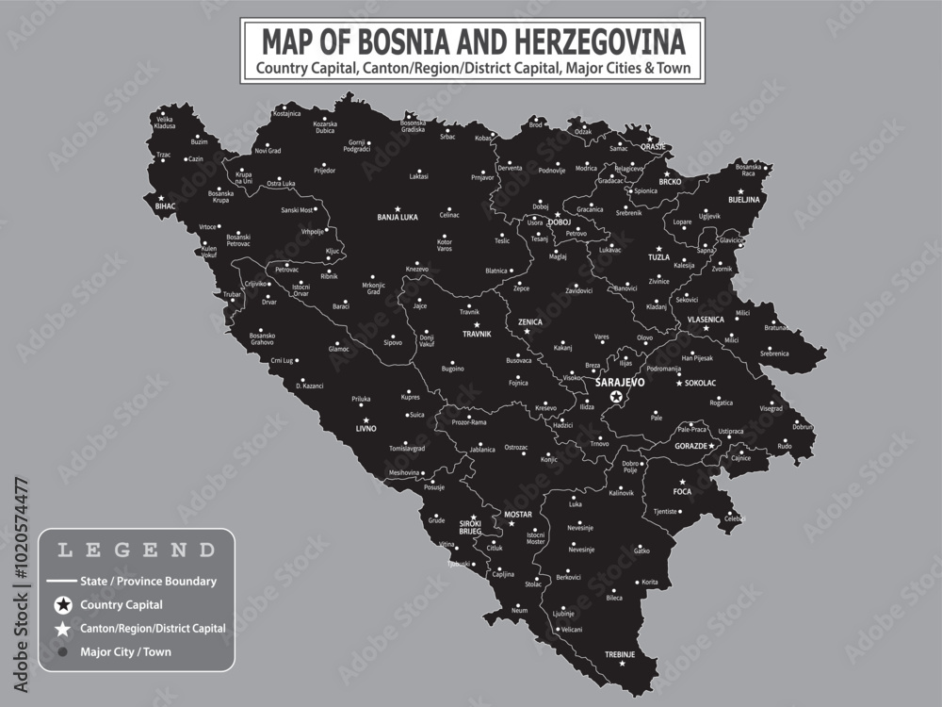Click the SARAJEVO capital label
pyautogui.click(x=620, y=383)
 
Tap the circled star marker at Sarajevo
pyautogui.click(x=616, y=399)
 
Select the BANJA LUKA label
pyautogui.click(x=397, y=217)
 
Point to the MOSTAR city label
pyautogui.click(x=518, y=514)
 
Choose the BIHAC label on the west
pyautogui.click(x=166, y=205)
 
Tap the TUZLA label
pyautogui.click(x=658, y=256)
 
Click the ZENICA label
pyautogui.click(x=530, y=321)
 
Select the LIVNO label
pyautogui.click(x=365, y=428)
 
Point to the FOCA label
pyautogui.click(x=682, y=492)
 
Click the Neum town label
pyautogui.click(x=520, y=611)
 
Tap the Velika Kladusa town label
pyautogui.click(x=165, y=123)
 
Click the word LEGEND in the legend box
pyautogui.click(x=136, y=549)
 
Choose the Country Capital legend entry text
pyautogui.click(x=122, y=604)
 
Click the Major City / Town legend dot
pyautogui.click(x=63, y=651)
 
